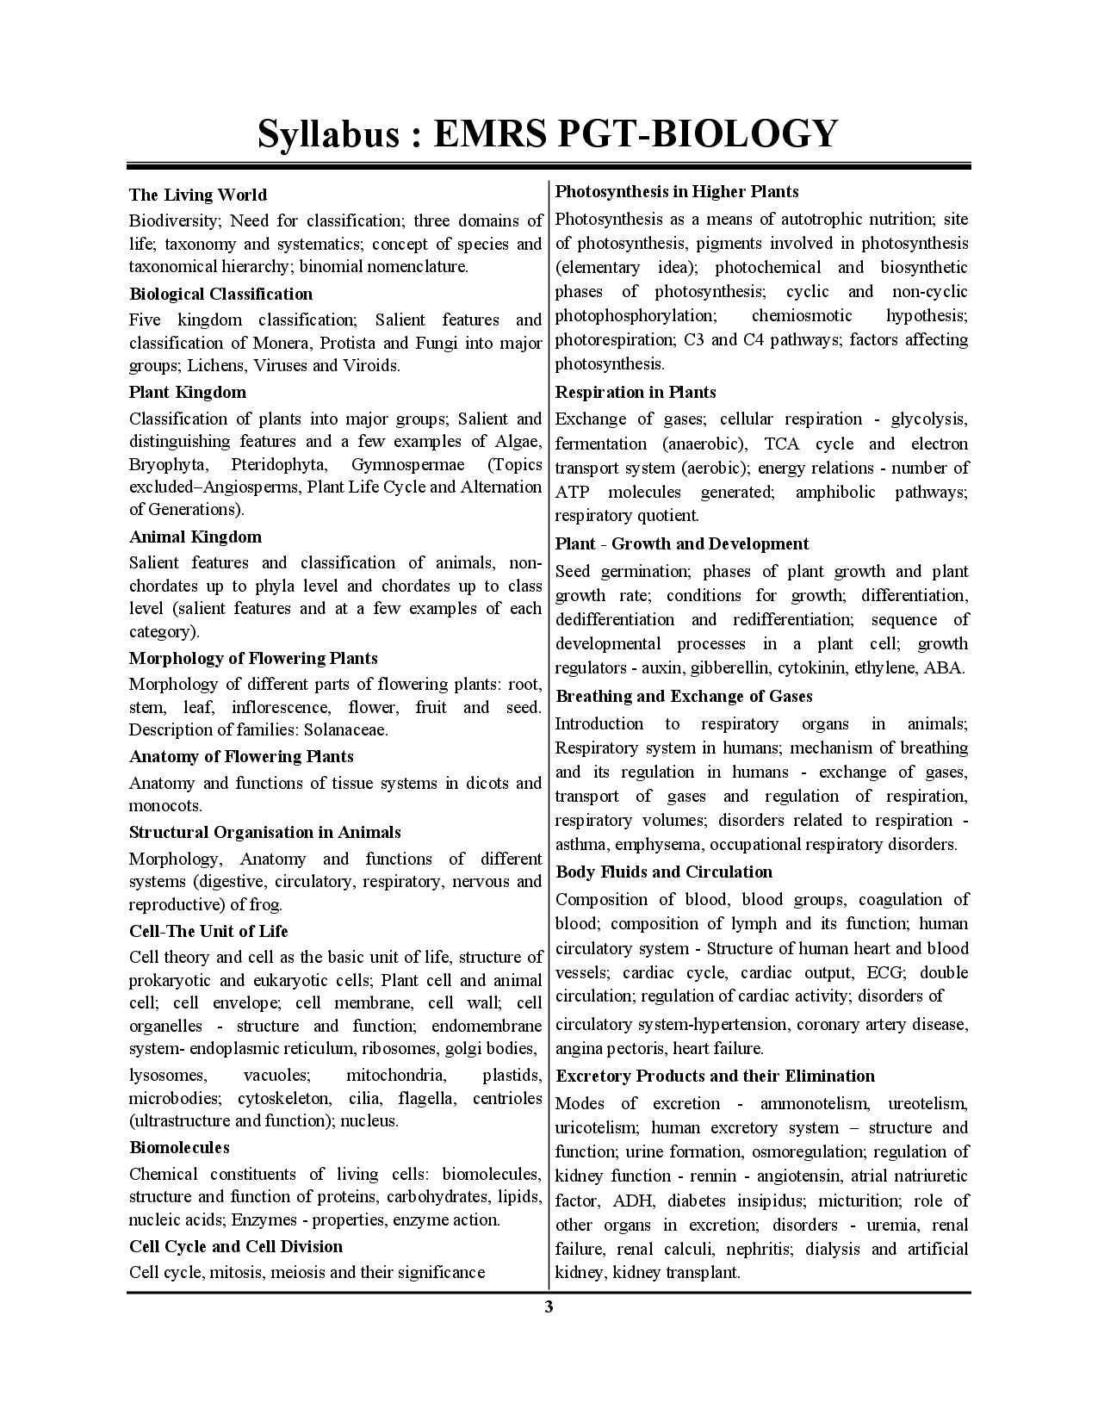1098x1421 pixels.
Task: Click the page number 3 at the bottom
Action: coord(549,1307)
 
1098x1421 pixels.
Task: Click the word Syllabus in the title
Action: coord(328,133)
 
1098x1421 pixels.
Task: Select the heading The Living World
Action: coord(198,195)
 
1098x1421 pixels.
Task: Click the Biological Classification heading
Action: coord(220,294)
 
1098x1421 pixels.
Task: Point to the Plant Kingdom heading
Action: coord(187,392)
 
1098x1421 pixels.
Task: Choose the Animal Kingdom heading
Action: coord(195,537)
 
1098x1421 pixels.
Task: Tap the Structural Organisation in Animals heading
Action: coord(264,832)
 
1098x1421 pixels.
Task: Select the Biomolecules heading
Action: coord(179,1147)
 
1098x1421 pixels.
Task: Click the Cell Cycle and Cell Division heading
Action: coord(235,1246)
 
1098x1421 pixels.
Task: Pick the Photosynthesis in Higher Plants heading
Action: coord(677,191)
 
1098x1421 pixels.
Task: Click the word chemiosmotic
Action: coord(802,315)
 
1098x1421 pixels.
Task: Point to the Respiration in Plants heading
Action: coord(636,392)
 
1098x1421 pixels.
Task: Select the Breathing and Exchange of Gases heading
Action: coord(684,696)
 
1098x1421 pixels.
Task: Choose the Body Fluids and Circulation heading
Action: coord(664,872)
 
